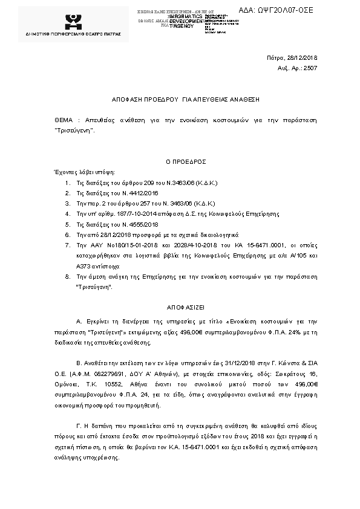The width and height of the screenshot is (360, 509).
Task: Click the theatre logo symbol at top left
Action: tap(74, 21)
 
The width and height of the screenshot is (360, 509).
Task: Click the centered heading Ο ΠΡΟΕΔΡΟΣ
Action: tap(186, 162)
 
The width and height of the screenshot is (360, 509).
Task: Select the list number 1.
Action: tap(67, 182)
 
